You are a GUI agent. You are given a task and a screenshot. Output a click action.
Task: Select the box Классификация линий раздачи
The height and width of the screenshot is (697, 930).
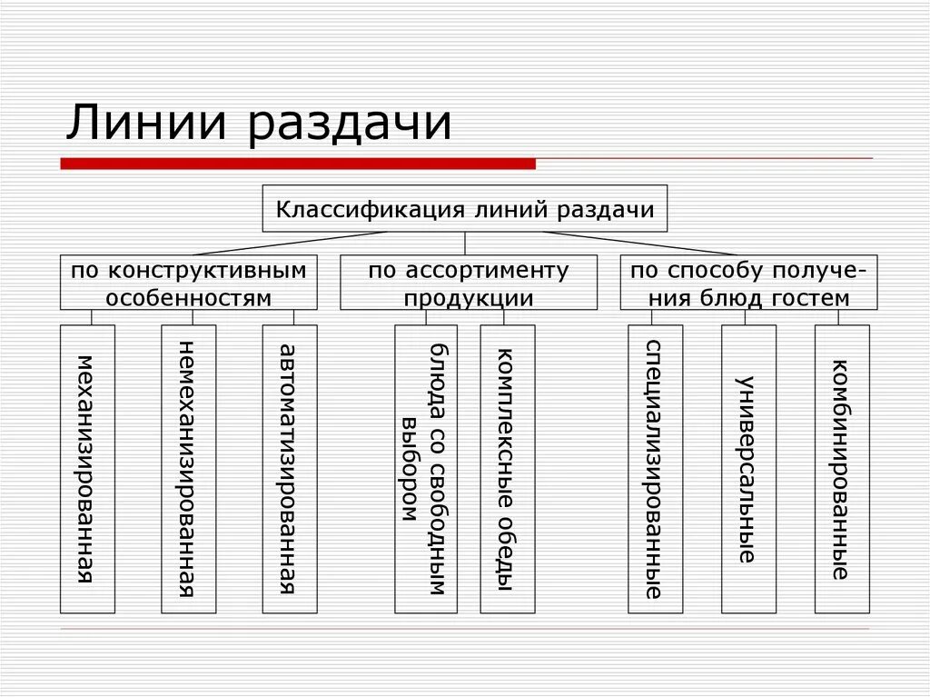click(464, 209)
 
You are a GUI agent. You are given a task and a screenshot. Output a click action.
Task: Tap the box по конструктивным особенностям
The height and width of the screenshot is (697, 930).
click(189, 283)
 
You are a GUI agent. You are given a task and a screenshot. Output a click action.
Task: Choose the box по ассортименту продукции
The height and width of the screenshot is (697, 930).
click(469, 283)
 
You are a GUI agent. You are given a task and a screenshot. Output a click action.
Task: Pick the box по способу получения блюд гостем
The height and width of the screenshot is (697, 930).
click(749, 283)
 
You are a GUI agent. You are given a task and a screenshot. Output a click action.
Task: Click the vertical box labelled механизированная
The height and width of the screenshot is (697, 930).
click(87, 468)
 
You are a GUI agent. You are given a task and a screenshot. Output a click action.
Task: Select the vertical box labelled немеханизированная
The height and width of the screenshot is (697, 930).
click(188, 468)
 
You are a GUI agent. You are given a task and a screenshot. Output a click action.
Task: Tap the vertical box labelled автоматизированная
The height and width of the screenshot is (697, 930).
click(290, 468)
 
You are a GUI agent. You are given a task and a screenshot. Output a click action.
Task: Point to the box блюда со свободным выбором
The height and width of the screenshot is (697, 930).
click(425, 468)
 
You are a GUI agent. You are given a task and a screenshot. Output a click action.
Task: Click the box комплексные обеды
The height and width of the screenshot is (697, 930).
click(508, 468)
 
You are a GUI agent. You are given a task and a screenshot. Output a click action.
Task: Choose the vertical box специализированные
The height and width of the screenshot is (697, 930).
click(655, 468)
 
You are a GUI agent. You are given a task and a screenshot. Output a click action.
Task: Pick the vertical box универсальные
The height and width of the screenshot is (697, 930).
click(748, 468)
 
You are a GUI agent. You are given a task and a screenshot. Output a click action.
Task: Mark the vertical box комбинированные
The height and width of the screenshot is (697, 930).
click(842, 468)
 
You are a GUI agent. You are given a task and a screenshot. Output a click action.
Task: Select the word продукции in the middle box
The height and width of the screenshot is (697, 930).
click(469, 297)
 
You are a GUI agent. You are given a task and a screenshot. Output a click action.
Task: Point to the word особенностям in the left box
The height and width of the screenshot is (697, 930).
click(189, 297)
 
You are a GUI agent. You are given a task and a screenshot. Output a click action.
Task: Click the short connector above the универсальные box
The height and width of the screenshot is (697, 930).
click(748, 317)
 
